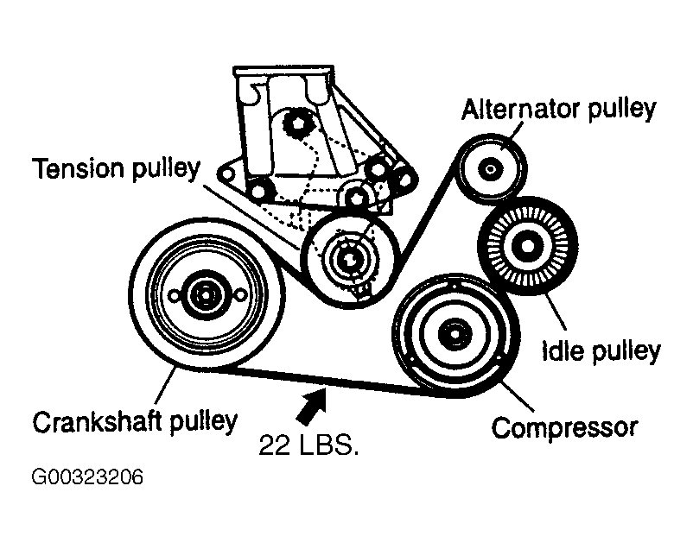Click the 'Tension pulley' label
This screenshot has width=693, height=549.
point(116,168)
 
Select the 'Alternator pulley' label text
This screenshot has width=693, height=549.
point(558,110)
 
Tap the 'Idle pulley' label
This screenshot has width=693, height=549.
point(601,351)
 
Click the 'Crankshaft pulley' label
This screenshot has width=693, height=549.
point(134,422)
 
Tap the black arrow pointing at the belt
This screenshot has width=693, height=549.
point(312,404)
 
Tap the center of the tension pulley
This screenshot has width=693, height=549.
point(348,256)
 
